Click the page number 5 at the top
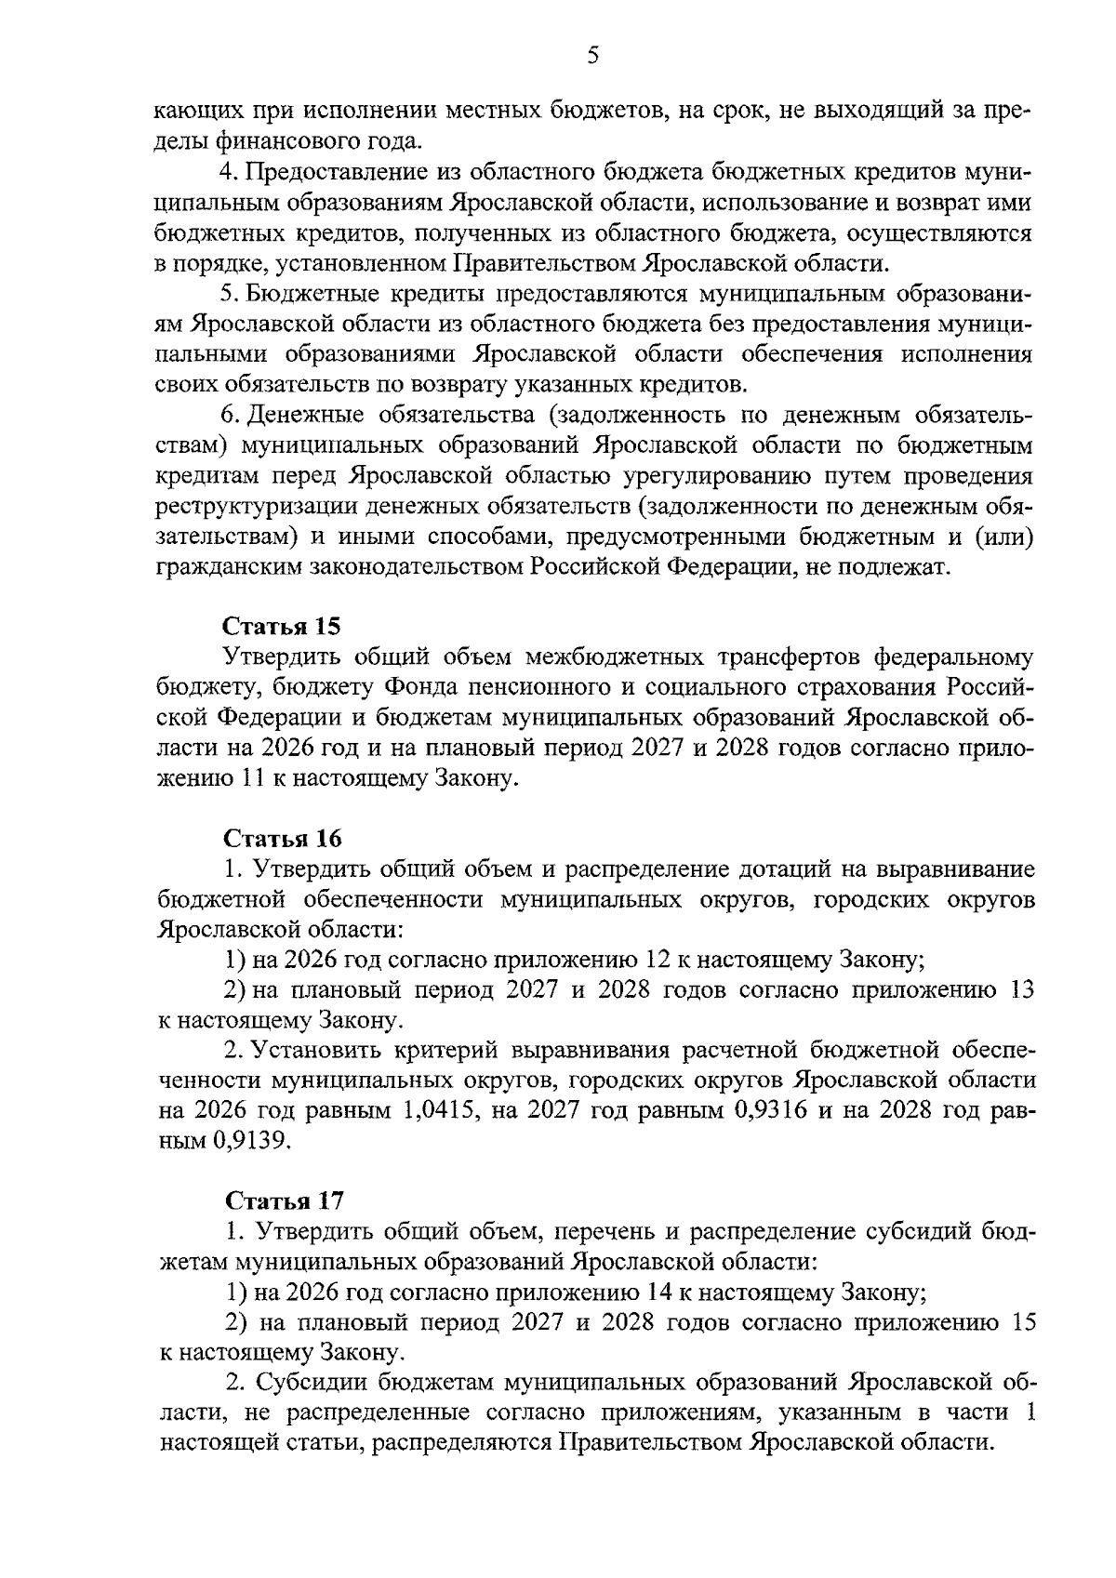pyautogui.click(x=593, y=56)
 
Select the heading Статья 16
pyautogui.click(x=282, y=838)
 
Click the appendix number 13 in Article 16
pyautogui.click(x=1021, y=990)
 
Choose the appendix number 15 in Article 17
pyautogui.click(x=1021, y=1322)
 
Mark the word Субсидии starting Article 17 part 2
pyautogui.click(x=302, y=1382)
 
